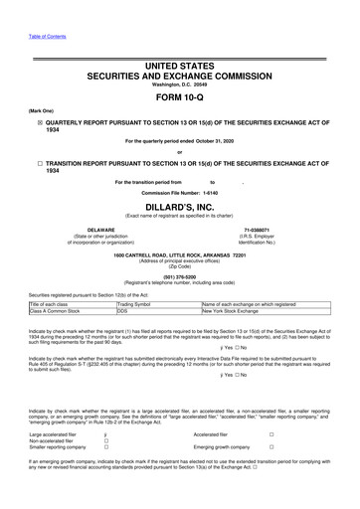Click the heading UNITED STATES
[180, 65]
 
